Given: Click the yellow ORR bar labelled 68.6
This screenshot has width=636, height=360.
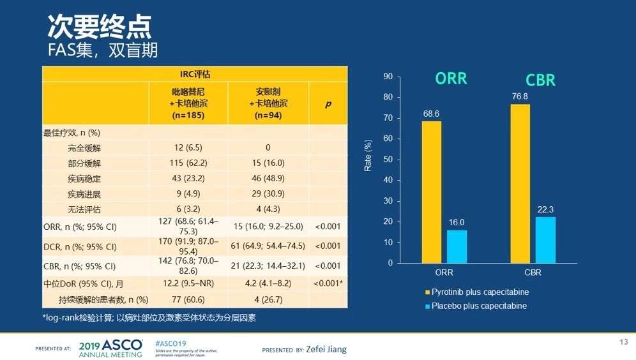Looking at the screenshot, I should tap(432, 191).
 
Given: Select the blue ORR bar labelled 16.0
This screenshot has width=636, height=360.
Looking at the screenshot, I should tap(457, 246).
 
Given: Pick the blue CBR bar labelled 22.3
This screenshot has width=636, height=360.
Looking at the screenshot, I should tap(545, 240).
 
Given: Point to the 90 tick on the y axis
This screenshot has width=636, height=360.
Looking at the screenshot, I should tap(388, 77).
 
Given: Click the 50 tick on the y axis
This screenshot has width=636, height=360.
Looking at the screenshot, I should tap(388, 160).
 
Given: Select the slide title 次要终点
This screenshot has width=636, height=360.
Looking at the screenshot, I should tap(100, 26).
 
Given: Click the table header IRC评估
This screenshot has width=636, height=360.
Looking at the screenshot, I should tap(195, 74).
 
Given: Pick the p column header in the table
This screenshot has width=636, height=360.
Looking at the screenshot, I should tap(328, 103).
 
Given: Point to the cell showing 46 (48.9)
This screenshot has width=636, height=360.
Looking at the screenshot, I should tap(268, 178).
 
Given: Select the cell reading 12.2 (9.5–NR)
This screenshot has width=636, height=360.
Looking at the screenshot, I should tap(188, 283).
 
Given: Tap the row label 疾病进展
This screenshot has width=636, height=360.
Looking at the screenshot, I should tap(84, 193).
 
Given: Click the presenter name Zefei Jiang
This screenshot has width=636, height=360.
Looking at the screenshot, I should tap(326, 350).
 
